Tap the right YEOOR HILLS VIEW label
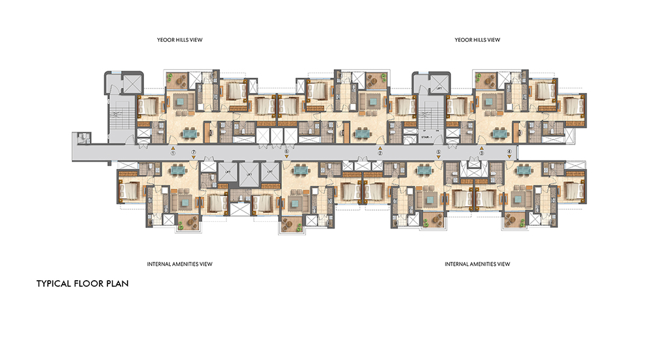coord(477,40)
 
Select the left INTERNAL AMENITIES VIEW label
coord(179,264)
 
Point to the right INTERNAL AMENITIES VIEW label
coord(477,264)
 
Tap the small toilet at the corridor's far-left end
coord(83,137)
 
